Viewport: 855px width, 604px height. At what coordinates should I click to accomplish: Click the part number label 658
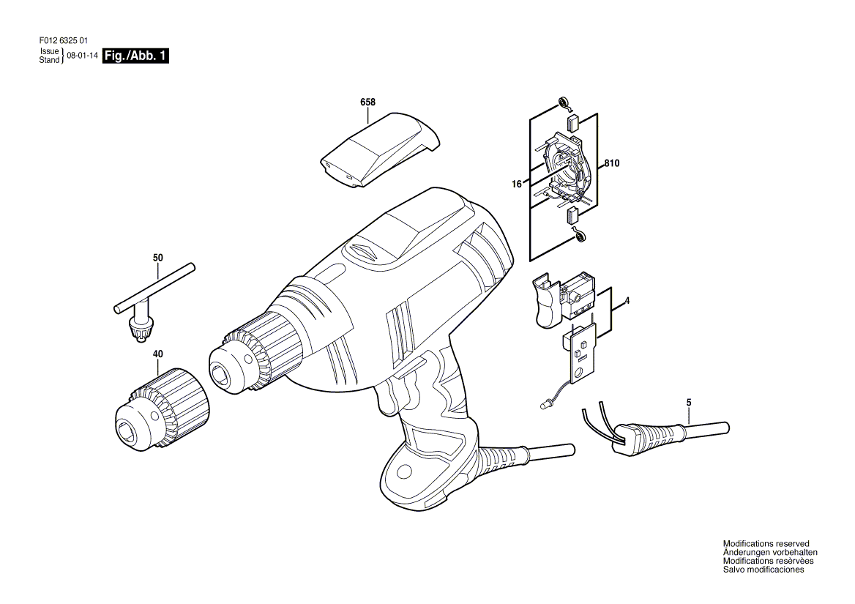pos(368,102)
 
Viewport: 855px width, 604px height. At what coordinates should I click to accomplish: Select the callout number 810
pos(612,163)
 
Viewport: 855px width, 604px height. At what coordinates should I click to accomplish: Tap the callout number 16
pos(516,184)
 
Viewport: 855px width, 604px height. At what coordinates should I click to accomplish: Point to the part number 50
pos(158,257)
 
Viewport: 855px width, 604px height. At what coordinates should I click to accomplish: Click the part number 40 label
pos(157,354)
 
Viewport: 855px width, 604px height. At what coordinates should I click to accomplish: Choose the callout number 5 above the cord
pos(689,403)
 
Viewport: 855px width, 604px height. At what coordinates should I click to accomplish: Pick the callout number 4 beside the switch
pos(627,300)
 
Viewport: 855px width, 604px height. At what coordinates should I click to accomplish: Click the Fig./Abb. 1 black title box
pos(135,56)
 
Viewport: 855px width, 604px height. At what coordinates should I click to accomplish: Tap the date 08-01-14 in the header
pos(82,56)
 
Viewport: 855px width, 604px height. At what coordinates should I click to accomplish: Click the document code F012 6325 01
pos(63,40)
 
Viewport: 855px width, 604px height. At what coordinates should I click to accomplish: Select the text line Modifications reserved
pos(766,543)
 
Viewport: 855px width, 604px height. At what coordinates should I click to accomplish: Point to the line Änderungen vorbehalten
pos(770,552)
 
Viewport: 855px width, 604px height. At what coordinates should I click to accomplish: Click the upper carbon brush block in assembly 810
pos(572,123)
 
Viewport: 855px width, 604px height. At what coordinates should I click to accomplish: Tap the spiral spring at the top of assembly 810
pos(563,102)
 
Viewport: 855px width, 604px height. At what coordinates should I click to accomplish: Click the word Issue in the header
pos(49,52)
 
